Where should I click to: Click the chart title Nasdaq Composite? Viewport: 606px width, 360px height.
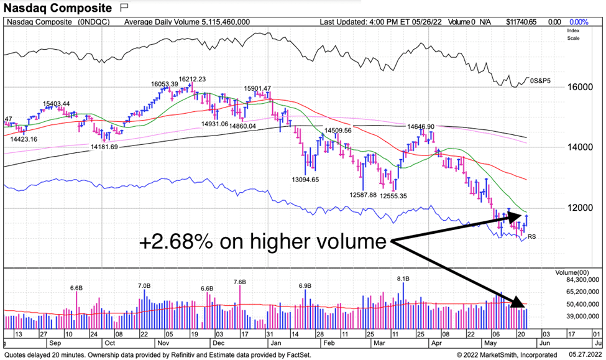[57, 8]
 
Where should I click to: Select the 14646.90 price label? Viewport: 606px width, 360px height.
[421, 126]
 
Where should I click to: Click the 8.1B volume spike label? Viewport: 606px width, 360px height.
[403, 279]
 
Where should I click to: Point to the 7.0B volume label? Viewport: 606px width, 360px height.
[144, 285]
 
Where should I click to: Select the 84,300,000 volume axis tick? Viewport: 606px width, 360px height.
[581, 280]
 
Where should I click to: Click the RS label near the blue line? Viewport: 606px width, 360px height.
[531, 237]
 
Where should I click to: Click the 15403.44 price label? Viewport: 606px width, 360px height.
[56, 104]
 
